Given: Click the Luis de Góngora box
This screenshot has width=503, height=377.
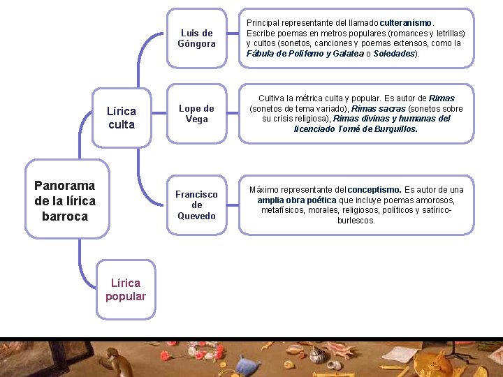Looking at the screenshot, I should coord(196,38).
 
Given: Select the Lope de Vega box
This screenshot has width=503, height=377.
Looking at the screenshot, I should coord(196,114).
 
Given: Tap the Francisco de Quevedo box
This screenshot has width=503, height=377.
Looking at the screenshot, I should coord(196,205).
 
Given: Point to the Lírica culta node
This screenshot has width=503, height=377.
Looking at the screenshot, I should coord(121,117).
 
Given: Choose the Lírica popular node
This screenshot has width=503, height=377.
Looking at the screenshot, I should coord(126,289).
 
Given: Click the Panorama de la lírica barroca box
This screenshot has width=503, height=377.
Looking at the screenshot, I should coord(65,201).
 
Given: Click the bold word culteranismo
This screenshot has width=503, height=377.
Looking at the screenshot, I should coord(406,23).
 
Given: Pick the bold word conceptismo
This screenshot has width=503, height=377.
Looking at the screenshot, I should coord(374,190).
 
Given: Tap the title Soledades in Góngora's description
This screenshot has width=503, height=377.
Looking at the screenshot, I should coord(395,53).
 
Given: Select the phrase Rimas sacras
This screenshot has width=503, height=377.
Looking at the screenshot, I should coord(378,109).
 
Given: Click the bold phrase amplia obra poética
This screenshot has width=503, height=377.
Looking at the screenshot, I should coord(297,200).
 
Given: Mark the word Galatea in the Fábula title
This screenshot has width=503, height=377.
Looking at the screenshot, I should coord(343,53).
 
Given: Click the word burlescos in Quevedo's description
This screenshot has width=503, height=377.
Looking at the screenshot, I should coord(356,220).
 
